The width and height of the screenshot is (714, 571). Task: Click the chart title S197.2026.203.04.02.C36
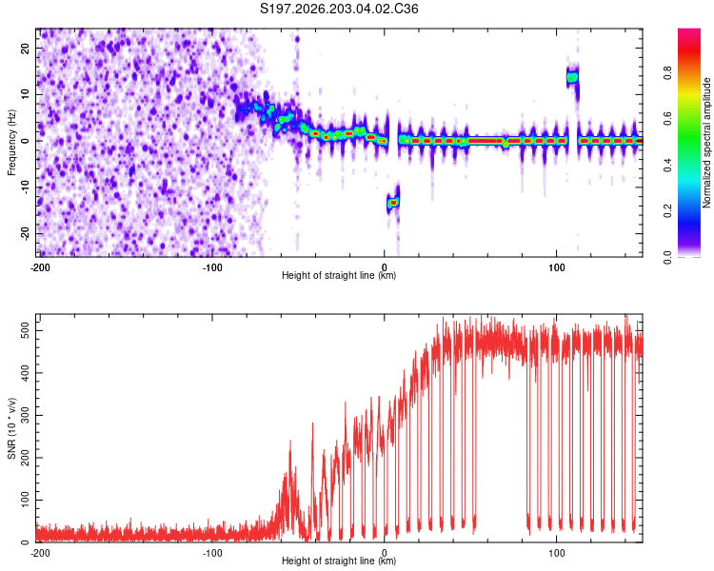click(339, 9)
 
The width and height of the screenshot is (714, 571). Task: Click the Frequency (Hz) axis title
click(11, 143)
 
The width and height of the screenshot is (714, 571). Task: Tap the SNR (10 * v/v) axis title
click(11, 428)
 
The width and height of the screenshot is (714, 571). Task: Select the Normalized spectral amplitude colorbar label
click(706, 143)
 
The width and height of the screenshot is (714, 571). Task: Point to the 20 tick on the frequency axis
click(26, 48)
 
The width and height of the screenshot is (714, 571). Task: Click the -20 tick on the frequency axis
click(26, 234)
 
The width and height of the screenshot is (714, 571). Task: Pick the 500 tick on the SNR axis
click(26, 330)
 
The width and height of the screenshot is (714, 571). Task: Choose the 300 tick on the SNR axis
click(26, 415)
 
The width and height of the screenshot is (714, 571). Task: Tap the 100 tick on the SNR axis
click(26, 500)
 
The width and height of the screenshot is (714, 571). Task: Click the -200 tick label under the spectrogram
click(40, 267)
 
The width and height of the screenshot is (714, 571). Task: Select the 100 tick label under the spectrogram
click(557, 267)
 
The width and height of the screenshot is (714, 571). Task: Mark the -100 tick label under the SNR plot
click(212, 553)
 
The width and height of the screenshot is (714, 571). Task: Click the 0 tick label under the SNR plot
click(385, 553)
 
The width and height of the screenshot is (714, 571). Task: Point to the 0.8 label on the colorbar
click(668, 72)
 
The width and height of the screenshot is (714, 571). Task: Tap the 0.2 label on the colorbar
click(668, 211)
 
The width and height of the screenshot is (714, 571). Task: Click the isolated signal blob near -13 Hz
click(393, 202)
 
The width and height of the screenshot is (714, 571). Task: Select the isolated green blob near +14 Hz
click(572, 77)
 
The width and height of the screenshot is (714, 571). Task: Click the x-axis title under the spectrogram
click(339, 275)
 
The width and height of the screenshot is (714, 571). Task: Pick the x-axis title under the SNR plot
click(339, 561)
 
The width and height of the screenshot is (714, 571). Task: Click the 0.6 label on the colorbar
click(668, 118)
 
